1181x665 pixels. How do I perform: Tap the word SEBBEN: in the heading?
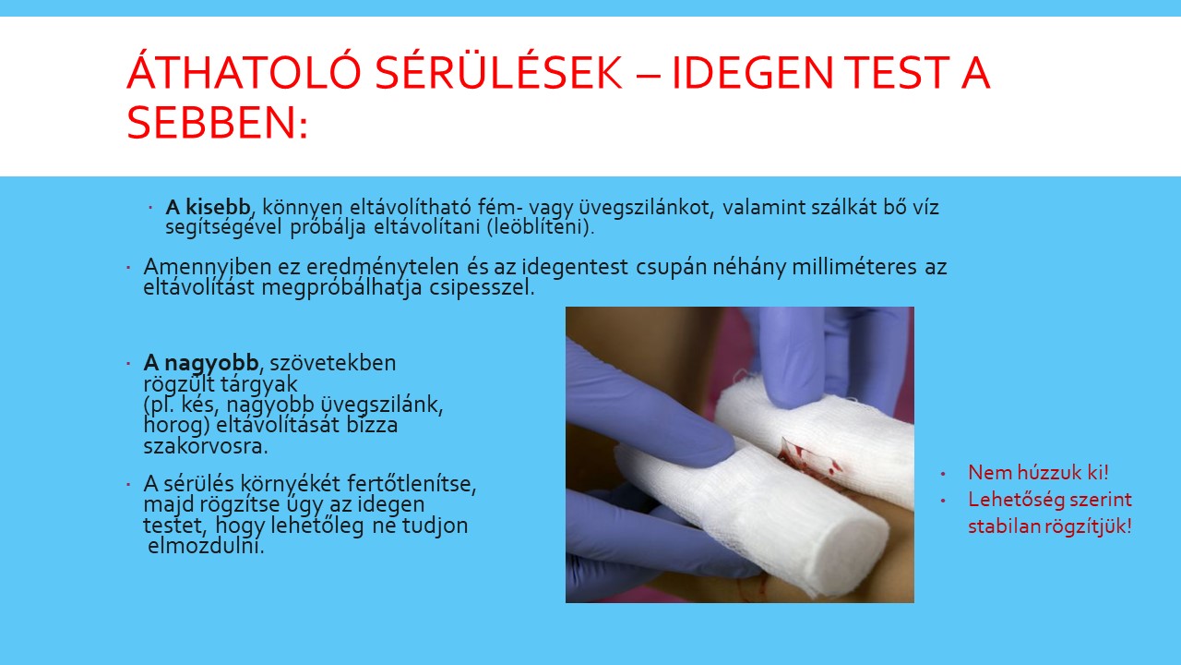pyautogui.click(x=217, y=122)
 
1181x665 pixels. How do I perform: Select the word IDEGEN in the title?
pyautogui.click(x=752, y=72)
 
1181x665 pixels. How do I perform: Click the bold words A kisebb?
pyautogui.click(x=208, y=207)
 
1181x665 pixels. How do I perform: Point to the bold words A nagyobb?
pyautogui.click(x=201, y=363)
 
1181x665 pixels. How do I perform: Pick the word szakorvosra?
pyautogui.click(x=206, y=446)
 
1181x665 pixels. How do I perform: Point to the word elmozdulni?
pyautogui.click(x=206, y=546)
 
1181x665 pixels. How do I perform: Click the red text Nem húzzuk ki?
pyautogui.click(x=1038, y=472)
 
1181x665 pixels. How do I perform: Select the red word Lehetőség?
pyautogui.click(x=1011, y=500)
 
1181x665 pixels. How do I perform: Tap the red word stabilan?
pyautogui.click(x=1006, y=526)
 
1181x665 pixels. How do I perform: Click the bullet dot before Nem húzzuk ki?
pyautogui.click(x=943, y=474)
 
